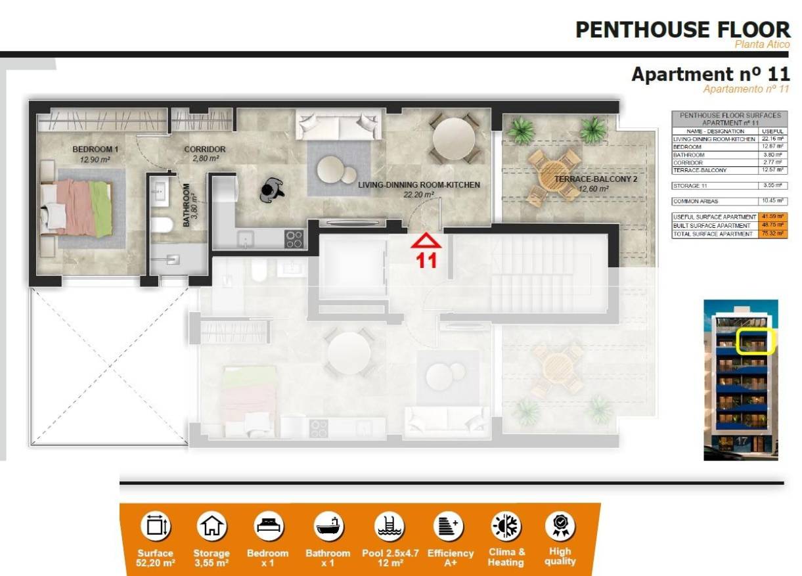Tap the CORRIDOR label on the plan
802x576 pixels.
(x=205, y=149)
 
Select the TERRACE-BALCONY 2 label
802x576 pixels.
(x=596, y=179)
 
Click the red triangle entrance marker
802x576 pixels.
(x=426, y=241)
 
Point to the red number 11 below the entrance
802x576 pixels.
(x=427, y=261)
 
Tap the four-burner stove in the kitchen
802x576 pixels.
(x=294, y=239)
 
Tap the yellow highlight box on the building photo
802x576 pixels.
(x=755, y=342)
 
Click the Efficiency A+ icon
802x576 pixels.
(x=449, y=526)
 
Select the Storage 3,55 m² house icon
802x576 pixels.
(x=212, y=526)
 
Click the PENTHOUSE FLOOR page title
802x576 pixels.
(x=682, y=30)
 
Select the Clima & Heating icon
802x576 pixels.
(x=506, y=526)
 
